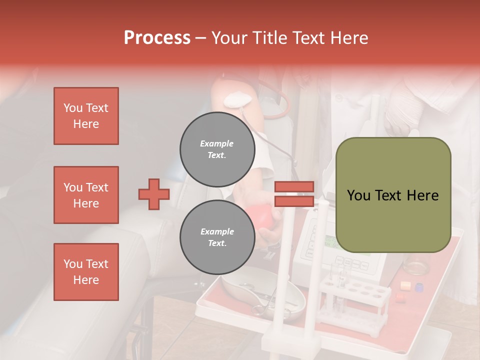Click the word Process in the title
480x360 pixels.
point(157,38)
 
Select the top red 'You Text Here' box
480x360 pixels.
point(86,116)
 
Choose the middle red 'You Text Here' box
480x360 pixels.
point(86,195)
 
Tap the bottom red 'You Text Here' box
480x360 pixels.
point(86,271)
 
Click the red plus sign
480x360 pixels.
point(154,194)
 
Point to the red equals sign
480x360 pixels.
point(294,194)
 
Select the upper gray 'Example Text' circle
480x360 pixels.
point(217,149)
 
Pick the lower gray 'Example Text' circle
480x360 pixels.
point(217,237)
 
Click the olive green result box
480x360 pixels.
point(393,195)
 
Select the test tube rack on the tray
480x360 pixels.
point(355,300)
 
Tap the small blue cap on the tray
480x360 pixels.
point(419,287)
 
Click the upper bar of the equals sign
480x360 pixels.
point(294,187)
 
